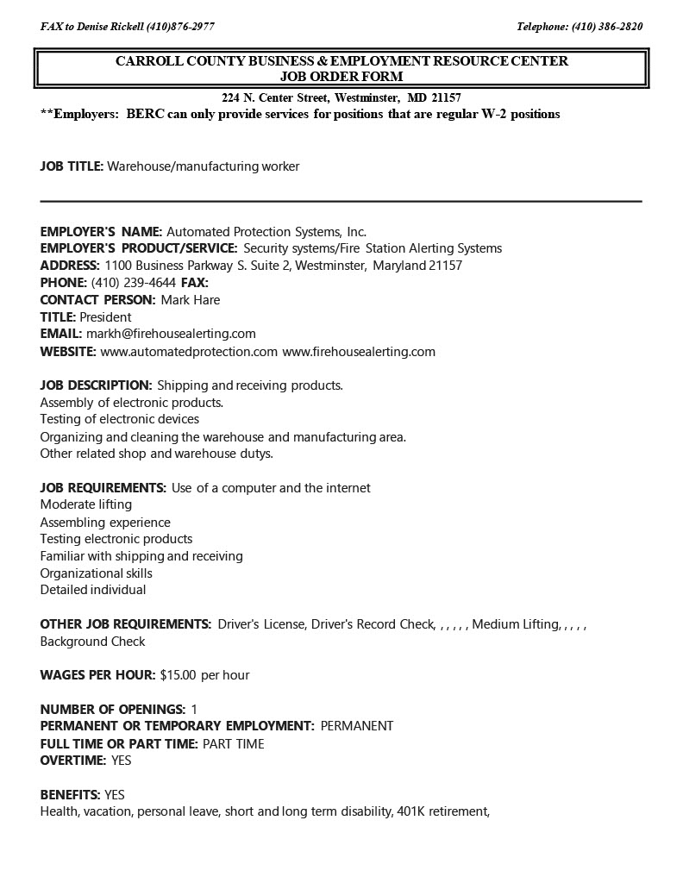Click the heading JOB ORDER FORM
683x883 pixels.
(x=341, y=76)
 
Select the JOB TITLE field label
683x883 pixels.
(x=72, y=166)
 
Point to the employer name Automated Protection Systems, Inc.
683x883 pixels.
(x=266, y=231)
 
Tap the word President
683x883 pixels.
(x=105, y=316)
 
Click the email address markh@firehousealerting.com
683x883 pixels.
(x=171, y=334)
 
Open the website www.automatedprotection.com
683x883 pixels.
(x=189, y=351)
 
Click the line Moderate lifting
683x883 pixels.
(x=86, y=504)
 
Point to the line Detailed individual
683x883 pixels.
(x=93, y=590)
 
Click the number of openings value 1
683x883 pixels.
(x=194, y=709)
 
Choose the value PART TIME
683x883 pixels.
(x=233, y=743)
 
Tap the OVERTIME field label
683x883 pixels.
(x=72, y=761)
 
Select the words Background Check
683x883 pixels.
(x=93, y=642)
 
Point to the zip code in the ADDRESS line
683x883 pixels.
(x=445, y=266)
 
